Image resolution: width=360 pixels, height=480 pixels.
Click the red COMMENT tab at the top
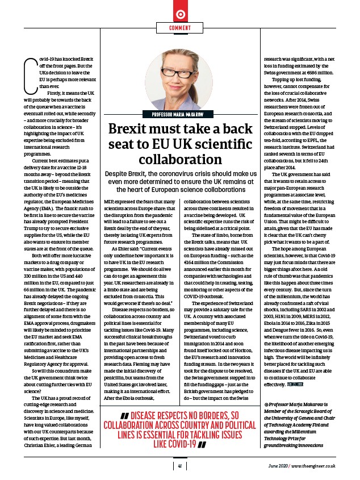(x=179, y=28)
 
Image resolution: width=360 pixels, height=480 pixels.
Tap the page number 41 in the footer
(x=179, y=466)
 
